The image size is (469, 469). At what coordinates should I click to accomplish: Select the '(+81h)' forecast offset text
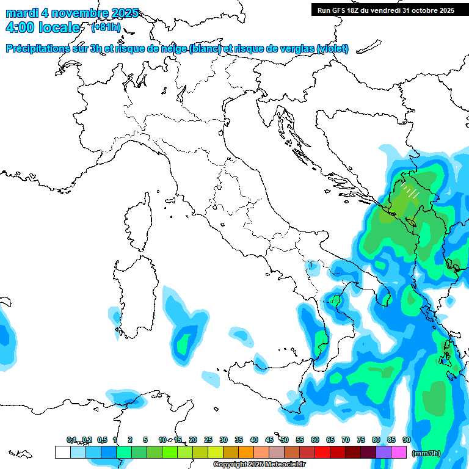tap(106, 27)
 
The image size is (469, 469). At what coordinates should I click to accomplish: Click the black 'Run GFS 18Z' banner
tap(386, 10)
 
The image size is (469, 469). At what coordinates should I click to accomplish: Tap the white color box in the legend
tap(62, 452)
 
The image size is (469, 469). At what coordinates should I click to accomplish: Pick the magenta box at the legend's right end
tap(399, 452)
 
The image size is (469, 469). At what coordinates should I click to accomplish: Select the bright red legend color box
tap(322, 452)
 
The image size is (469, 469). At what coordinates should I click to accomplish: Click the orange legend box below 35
tap(246, 452)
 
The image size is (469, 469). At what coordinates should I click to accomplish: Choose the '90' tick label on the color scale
tap(406, 440)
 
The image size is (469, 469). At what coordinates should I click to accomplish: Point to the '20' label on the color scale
tap(193, 440)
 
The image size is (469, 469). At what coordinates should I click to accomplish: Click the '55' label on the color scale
tap(300, 440)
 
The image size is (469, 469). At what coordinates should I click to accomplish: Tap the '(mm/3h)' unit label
tap(426, 453)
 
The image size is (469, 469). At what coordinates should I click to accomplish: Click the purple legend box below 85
tap(384, 452)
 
